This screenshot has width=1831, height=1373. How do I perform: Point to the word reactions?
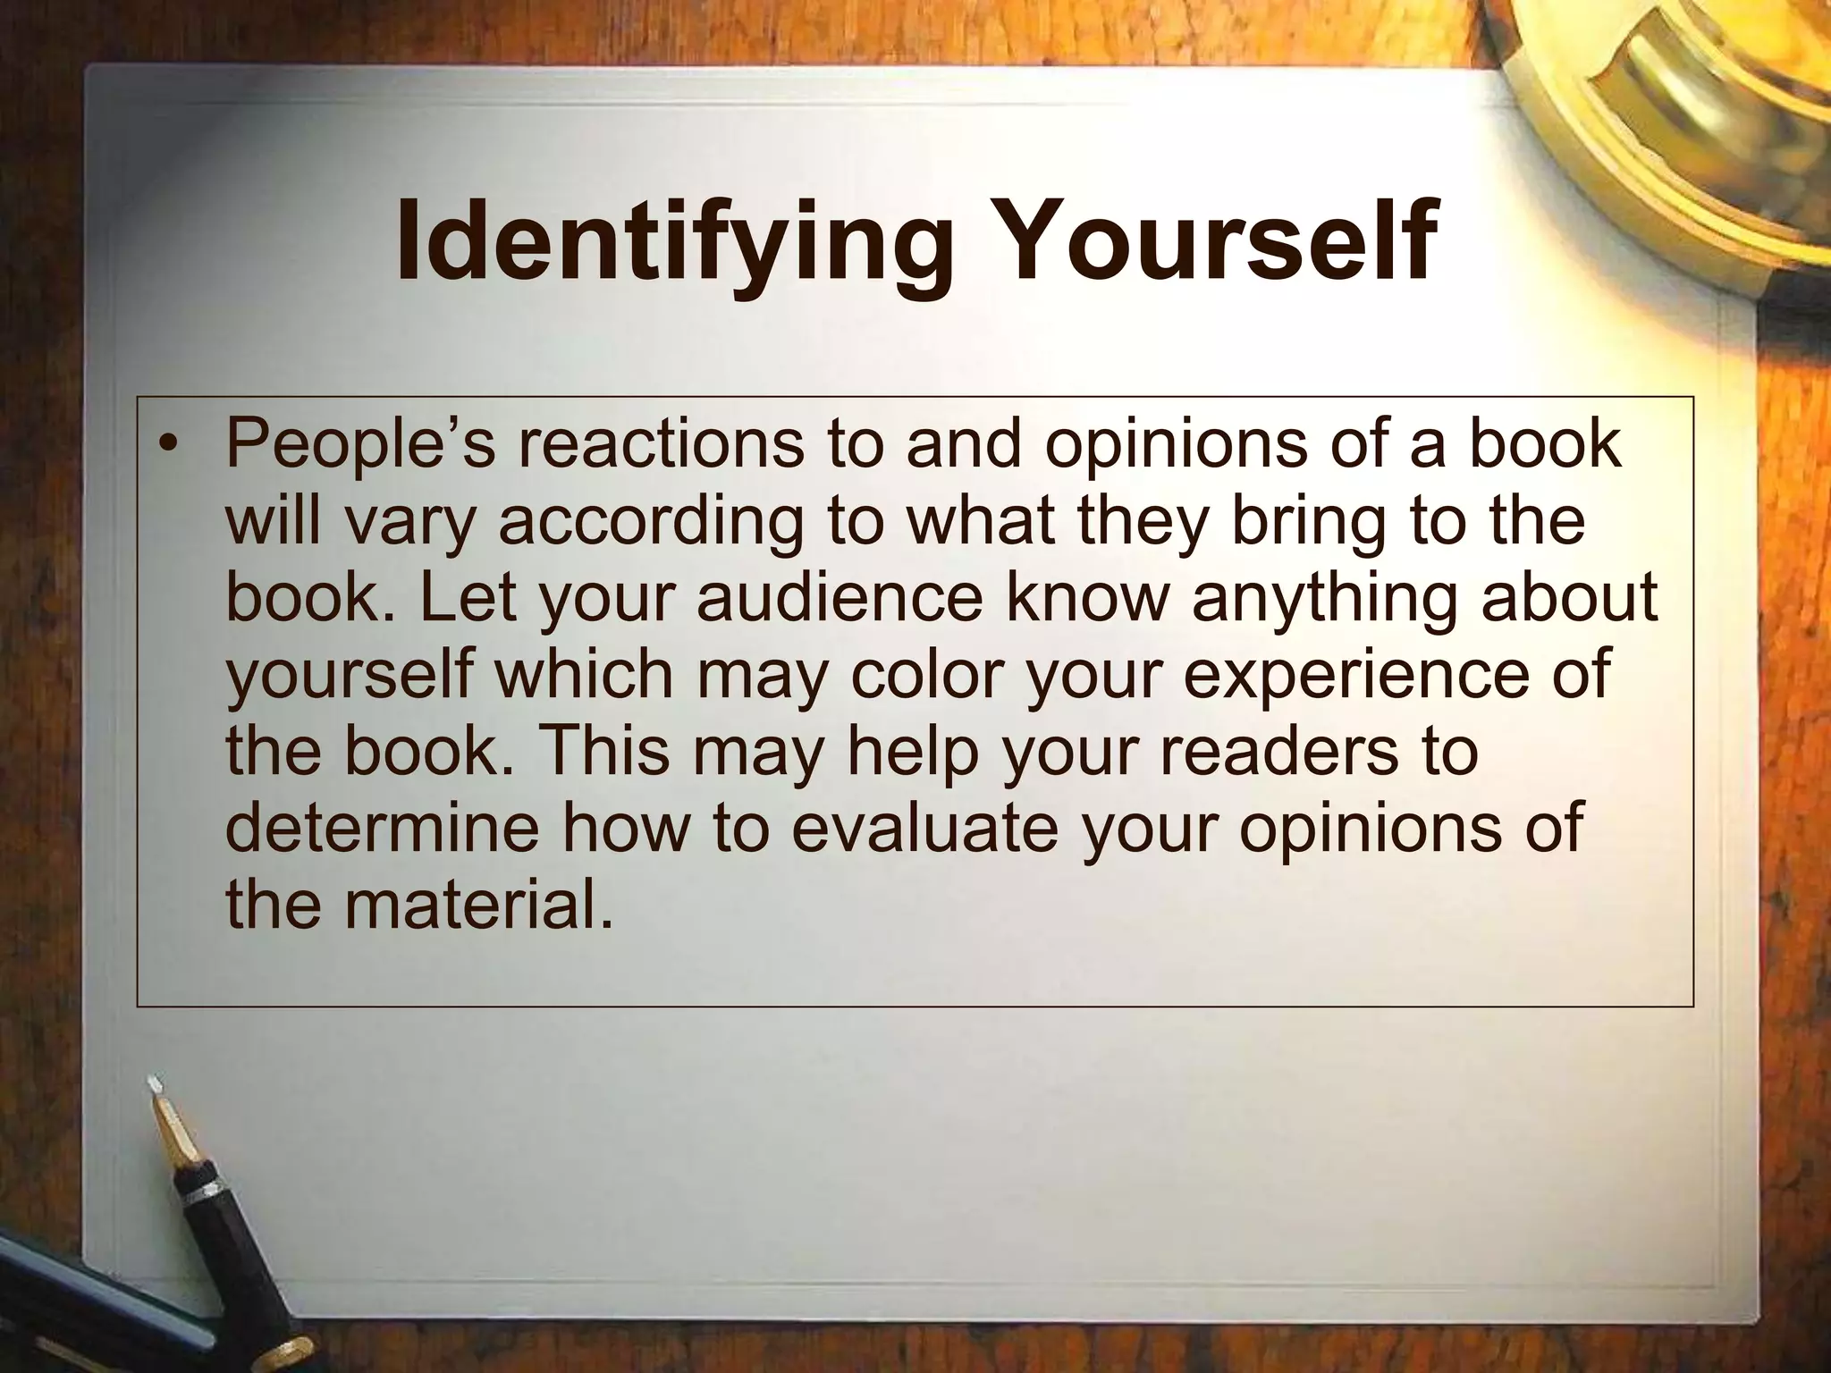(x=660, y=444)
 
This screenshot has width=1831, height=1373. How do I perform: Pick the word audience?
(x=840, y=598)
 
